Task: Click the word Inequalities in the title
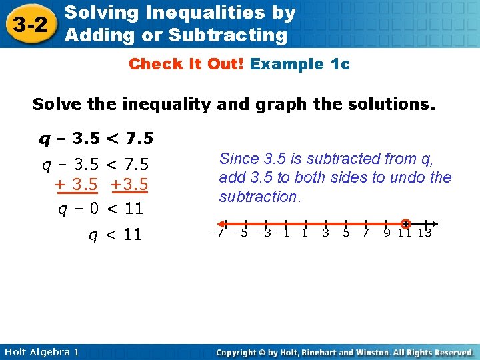(192, 13)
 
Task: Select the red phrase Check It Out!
(187, 64)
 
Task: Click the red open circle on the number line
(406, 223)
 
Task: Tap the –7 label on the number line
(217, 233)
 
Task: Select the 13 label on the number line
(425, 233)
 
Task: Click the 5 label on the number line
(346, 233)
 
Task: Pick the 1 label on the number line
(305, 233)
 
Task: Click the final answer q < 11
(115, 235)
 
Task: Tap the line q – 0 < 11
(101, 209)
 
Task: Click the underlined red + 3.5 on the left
(77, 185)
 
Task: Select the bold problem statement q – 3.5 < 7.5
(96, 139)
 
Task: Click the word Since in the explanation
(237, 159)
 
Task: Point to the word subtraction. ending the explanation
(261, 197)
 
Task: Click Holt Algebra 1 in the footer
(41, 351)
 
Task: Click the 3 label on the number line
(325, 233)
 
